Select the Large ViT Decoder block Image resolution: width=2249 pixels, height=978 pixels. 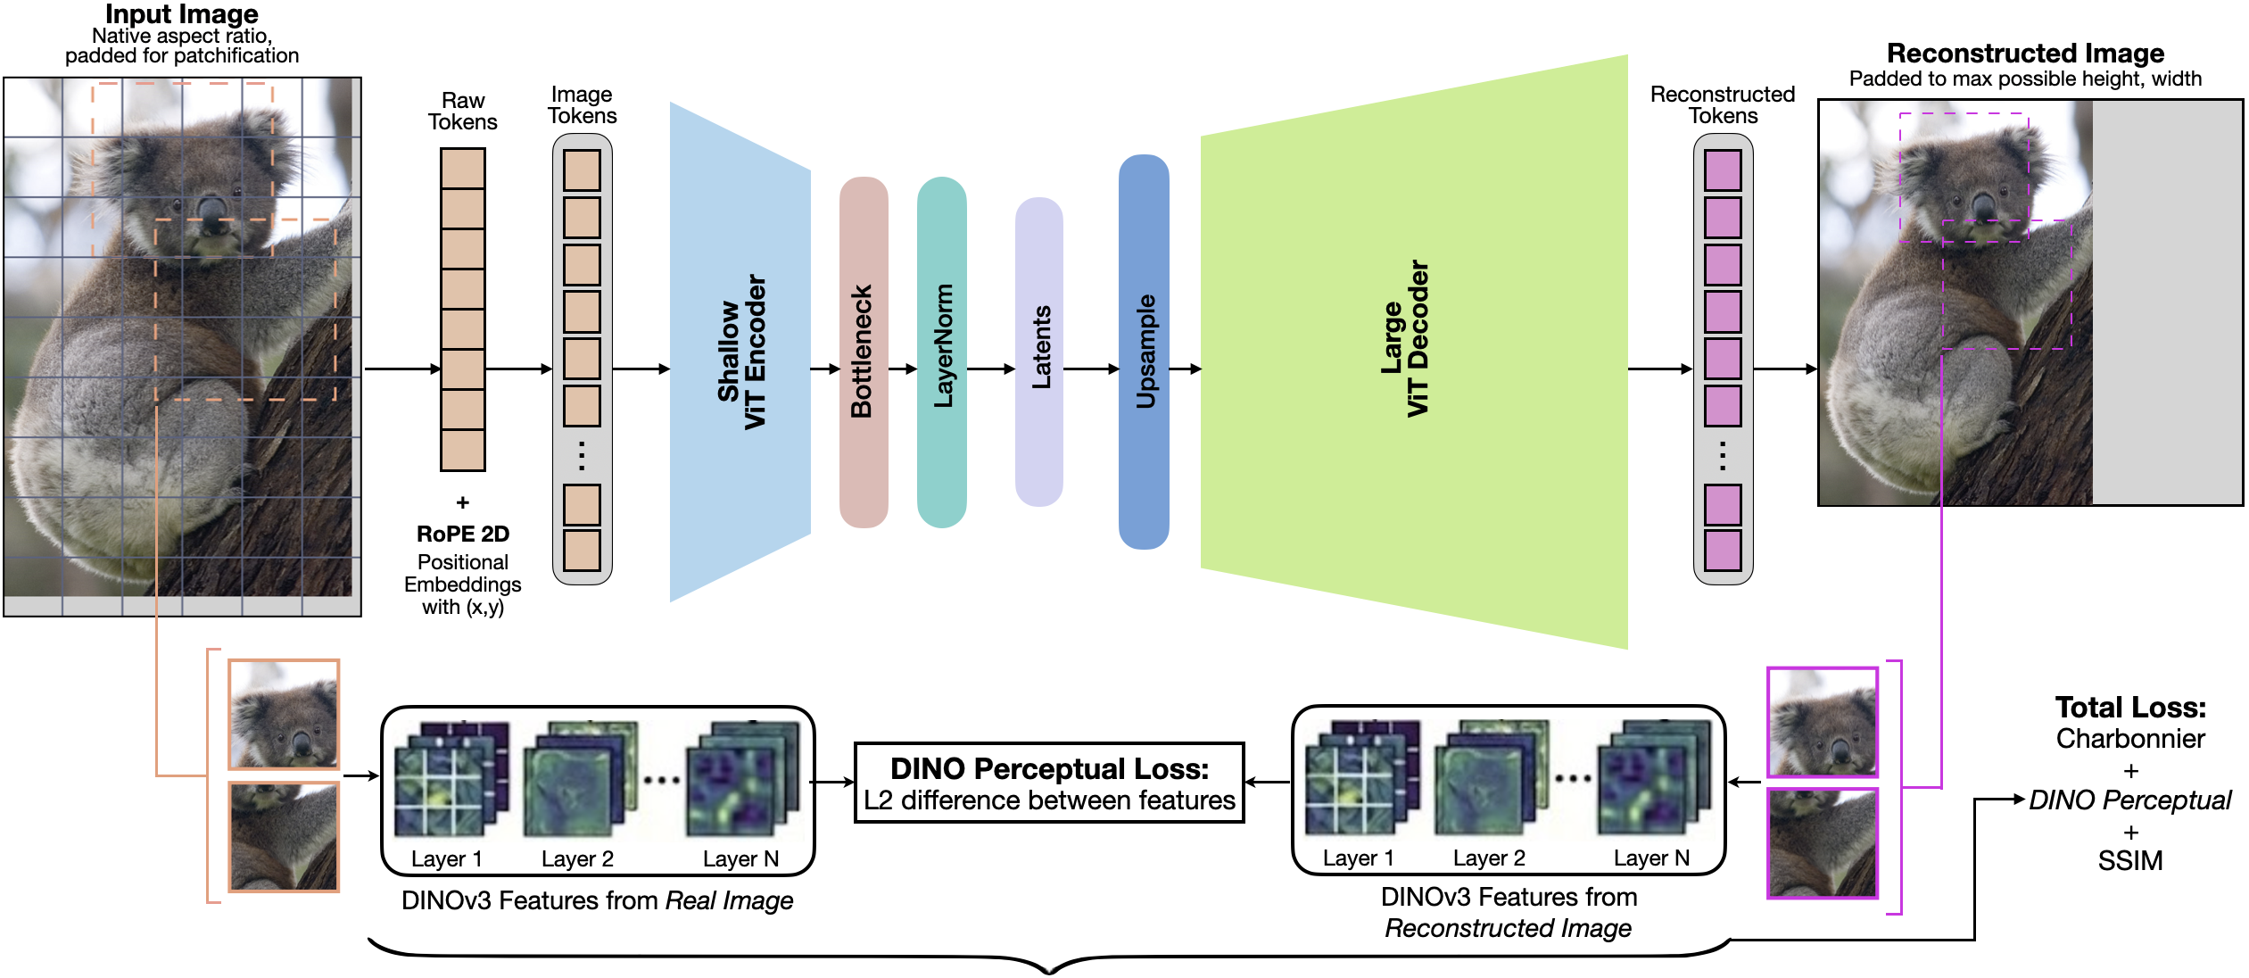point(1414,352)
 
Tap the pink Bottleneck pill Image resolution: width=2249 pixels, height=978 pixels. point(863,352)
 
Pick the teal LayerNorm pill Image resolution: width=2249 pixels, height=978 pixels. point(941,352)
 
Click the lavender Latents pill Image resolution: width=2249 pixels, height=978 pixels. point(1038,352)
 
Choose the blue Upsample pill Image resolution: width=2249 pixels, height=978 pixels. point(1144,352)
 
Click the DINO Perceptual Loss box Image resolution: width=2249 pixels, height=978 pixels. point(1049,783)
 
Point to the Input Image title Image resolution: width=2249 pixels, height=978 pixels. point(182,14)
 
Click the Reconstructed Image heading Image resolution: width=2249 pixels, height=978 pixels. point(2025,54)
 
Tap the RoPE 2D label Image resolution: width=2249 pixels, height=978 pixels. point(463,534)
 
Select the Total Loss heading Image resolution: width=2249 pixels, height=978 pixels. point(2130,708)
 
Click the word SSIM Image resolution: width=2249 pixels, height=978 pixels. point(2130,861)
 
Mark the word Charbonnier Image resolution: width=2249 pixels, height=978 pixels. point(2130,739)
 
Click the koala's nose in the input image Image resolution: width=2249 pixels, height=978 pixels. point(211,210)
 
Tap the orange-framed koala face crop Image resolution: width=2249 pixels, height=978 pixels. point(284,714)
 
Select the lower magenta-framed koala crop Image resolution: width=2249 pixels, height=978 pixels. point(1823,843)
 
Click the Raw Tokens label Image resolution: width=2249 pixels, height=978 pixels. point(463,112)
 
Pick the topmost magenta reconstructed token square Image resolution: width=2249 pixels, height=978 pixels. point(1723,170)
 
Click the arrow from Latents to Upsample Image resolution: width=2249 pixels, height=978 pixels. point(1090,369)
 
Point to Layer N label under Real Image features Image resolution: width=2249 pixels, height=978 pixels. point(740,858)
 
